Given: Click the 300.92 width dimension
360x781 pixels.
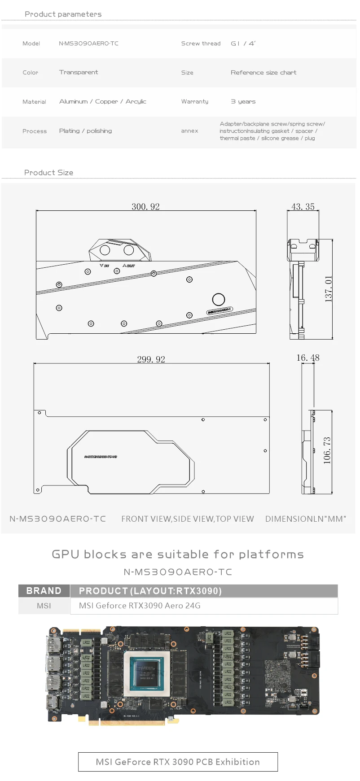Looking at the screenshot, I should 145,206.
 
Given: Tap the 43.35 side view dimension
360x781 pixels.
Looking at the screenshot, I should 303,206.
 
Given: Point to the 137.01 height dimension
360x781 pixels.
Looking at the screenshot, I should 328,289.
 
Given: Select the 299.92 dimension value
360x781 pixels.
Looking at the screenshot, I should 151,359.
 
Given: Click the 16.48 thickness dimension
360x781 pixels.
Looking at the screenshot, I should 308,358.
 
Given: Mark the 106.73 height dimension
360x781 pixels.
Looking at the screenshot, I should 327,450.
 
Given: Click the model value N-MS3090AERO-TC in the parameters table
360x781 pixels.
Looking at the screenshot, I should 89,44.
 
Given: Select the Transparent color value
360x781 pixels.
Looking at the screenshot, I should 79,72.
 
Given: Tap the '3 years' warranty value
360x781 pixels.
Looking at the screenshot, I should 243,102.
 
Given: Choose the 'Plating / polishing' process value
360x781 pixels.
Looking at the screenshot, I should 85,131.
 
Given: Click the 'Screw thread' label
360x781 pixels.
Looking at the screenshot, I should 201,44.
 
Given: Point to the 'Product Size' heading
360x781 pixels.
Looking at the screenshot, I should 48,173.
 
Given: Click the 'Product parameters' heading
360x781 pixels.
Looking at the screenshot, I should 63,14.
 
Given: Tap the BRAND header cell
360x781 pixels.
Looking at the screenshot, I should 44,591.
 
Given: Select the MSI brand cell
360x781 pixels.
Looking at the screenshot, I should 44,606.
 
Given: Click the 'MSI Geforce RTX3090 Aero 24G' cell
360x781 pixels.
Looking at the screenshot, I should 140,606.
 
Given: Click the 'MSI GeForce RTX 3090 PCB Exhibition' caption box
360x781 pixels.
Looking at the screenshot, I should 178,762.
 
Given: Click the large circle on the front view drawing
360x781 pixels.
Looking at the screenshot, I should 219,299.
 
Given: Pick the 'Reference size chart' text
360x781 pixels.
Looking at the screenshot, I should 263,72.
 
